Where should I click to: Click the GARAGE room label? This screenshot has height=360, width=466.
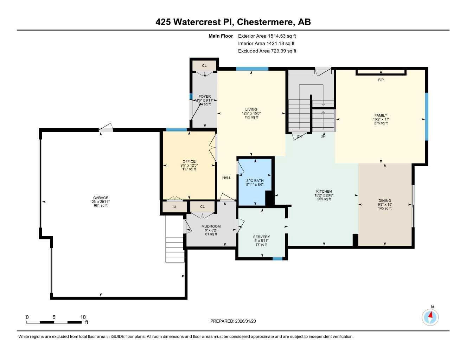(x=101, y=198)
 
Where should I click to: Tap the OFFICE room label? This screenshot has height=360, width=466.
(x=189, y=161)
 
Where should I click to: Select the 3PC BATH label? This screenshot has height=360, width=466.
(x=255, y=181)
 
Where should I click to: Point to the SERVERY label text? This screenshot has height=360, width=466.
(x=261, y=237)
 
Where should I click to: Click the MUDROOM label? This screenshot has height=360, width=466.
(x=211, y=226)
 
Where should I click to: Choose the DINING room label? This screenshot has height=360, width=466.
(x=385, y=201)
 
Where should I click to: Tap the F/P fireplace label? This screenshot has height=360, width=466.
(x=381, y=80)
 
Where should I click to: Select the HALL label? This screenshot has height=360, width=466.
(x=226, y=178)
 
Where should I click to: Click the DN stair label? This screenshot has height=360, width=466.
(x=299, y=136)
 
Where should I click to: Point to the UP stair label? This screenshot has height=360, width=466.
(x=323, y=136)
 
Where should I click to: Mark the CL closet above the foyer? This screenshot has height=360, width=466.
(x=204, y=66)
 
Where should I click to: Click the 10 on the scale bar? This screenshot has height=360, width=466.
(x=83, y=317)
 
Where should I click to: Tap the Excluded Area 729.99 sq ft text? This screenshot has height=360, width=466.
(x=267, y=51)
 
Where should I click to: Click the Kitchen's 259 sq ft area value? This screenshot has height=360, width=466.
(x=324, y=199)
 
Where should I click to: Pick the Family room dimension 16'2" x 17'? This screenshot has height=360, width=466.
(x=381, y=119)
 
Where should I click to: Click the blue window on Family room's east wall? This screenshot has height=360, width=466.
(x=426, y=116)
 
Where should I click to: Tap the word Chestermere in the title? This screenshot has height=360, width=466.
(x=265, y=22)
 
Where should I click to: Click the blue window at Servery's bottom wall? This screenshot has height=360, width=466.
(x=277, y=259)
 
